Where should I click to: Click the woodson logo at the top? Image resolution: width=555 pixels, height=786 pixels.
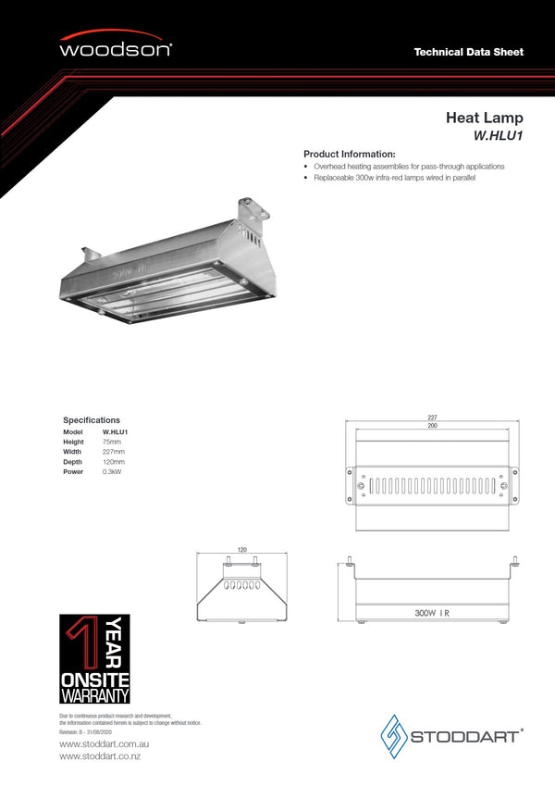coord(116,48)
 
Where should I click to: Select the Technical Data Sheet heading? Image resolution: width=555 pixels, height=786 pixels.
coord(468,52)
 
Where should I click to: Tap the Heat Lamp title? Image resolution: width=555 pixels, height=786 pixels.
coord(484,118)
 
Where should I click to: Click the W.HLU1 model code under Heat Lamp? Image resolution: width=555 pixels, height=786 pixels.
coord(499,135)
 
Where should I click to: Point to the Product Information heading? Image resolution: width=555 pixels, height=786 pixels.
coord(350,154)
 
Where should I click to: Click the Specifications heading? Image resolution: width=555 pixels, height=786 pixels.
coord(92,420)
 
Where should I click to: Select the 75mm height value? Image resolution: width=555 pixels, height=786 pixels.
coord(112,442)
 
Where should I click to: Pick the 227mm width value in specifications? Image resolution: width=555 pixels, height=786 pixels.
coord(114,452)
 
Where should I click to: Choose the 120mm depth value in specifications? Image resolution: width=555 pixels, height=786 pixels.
coord(114,462)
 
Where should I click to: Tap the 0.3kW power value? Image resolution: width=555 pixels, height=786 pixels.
coord(112,472)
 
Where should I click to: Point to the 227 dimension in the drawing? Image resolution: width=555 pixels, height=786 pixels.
coord(432,418)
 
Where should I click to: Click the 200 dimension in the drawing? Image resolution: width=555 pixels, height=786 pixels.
coord(432,426)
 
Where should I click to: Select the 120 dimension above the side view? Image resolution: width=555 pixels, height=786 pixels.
coord(242,550)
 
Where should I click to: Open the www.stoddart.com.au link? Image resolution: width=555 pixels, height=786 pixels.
coord(105,744)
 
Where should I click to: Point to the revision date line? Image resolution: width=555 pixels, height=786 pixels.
coord(86,731)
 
